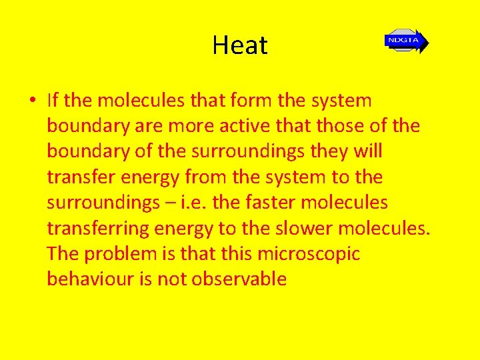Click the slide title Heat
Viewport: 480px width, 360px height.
240,45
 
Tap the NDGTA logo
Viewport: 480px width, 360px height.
405,41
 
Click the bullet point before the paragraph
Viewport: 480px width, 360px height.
32,102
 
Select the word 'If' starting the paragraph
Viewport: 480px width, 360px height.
53,101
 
